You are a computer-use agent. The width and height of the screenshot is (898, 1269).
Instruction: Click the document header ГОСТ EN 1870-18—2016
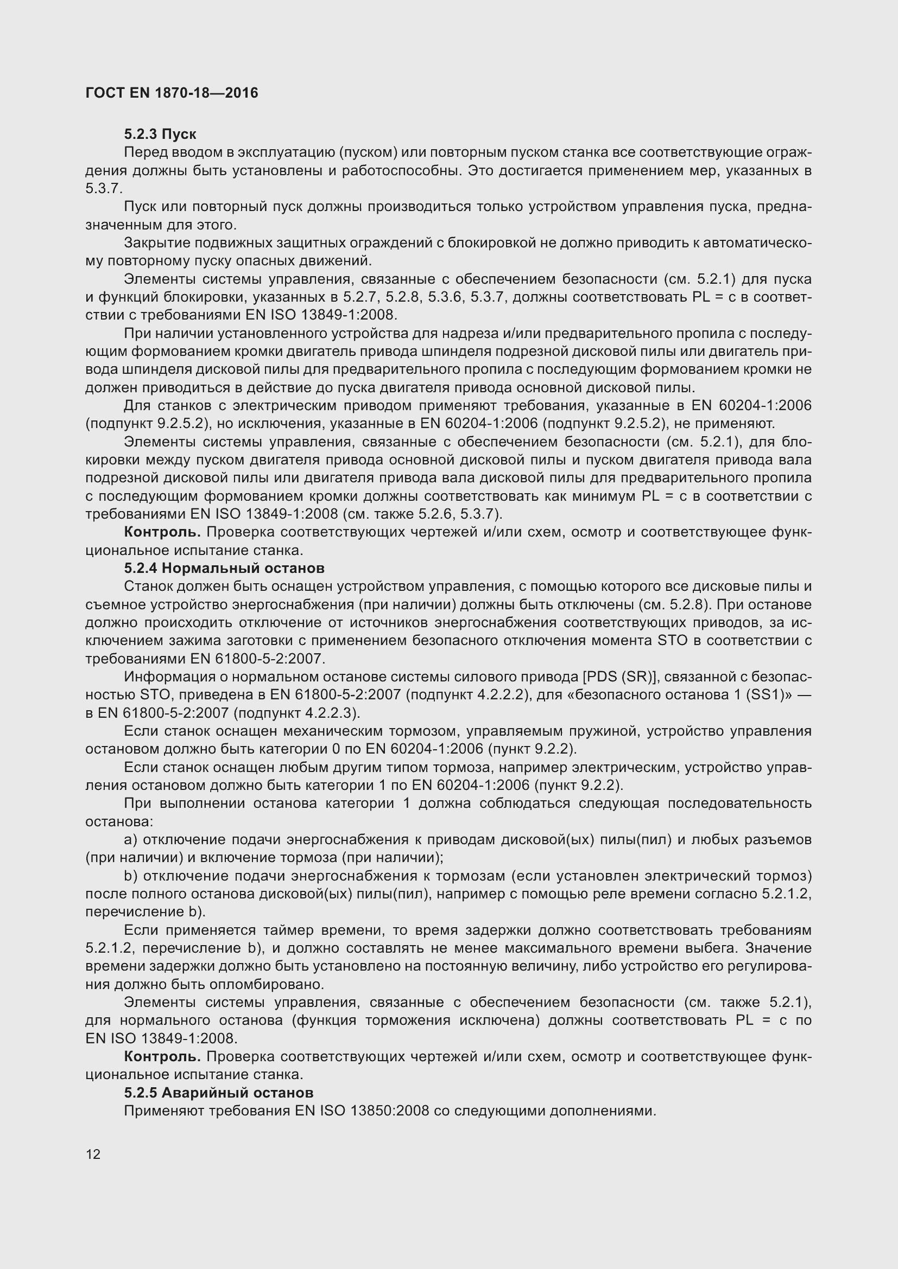point(172,93)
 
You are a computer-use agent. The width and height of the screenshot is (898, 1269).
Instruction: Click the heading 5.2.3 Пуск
point(160,135)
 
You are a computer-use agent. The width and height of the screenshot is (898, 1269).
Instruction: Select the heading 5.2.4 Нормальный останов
point(224,568)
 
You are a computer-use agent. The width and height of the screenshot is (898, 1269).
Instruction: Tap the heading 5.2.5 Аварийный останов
point(218,1093)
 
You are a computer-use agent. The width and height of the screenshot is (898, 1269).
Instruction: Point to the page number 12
point(93,1154)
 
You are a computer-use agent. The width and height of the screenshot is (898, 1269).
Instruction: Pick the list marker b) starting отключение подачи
point(130,876)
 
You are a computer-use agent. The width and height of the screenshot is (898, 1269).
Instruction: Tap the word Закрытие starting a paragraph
point(156,243)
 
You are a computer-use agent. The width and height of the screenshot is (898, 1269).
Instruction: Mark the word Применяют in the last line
point(164,1111)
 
